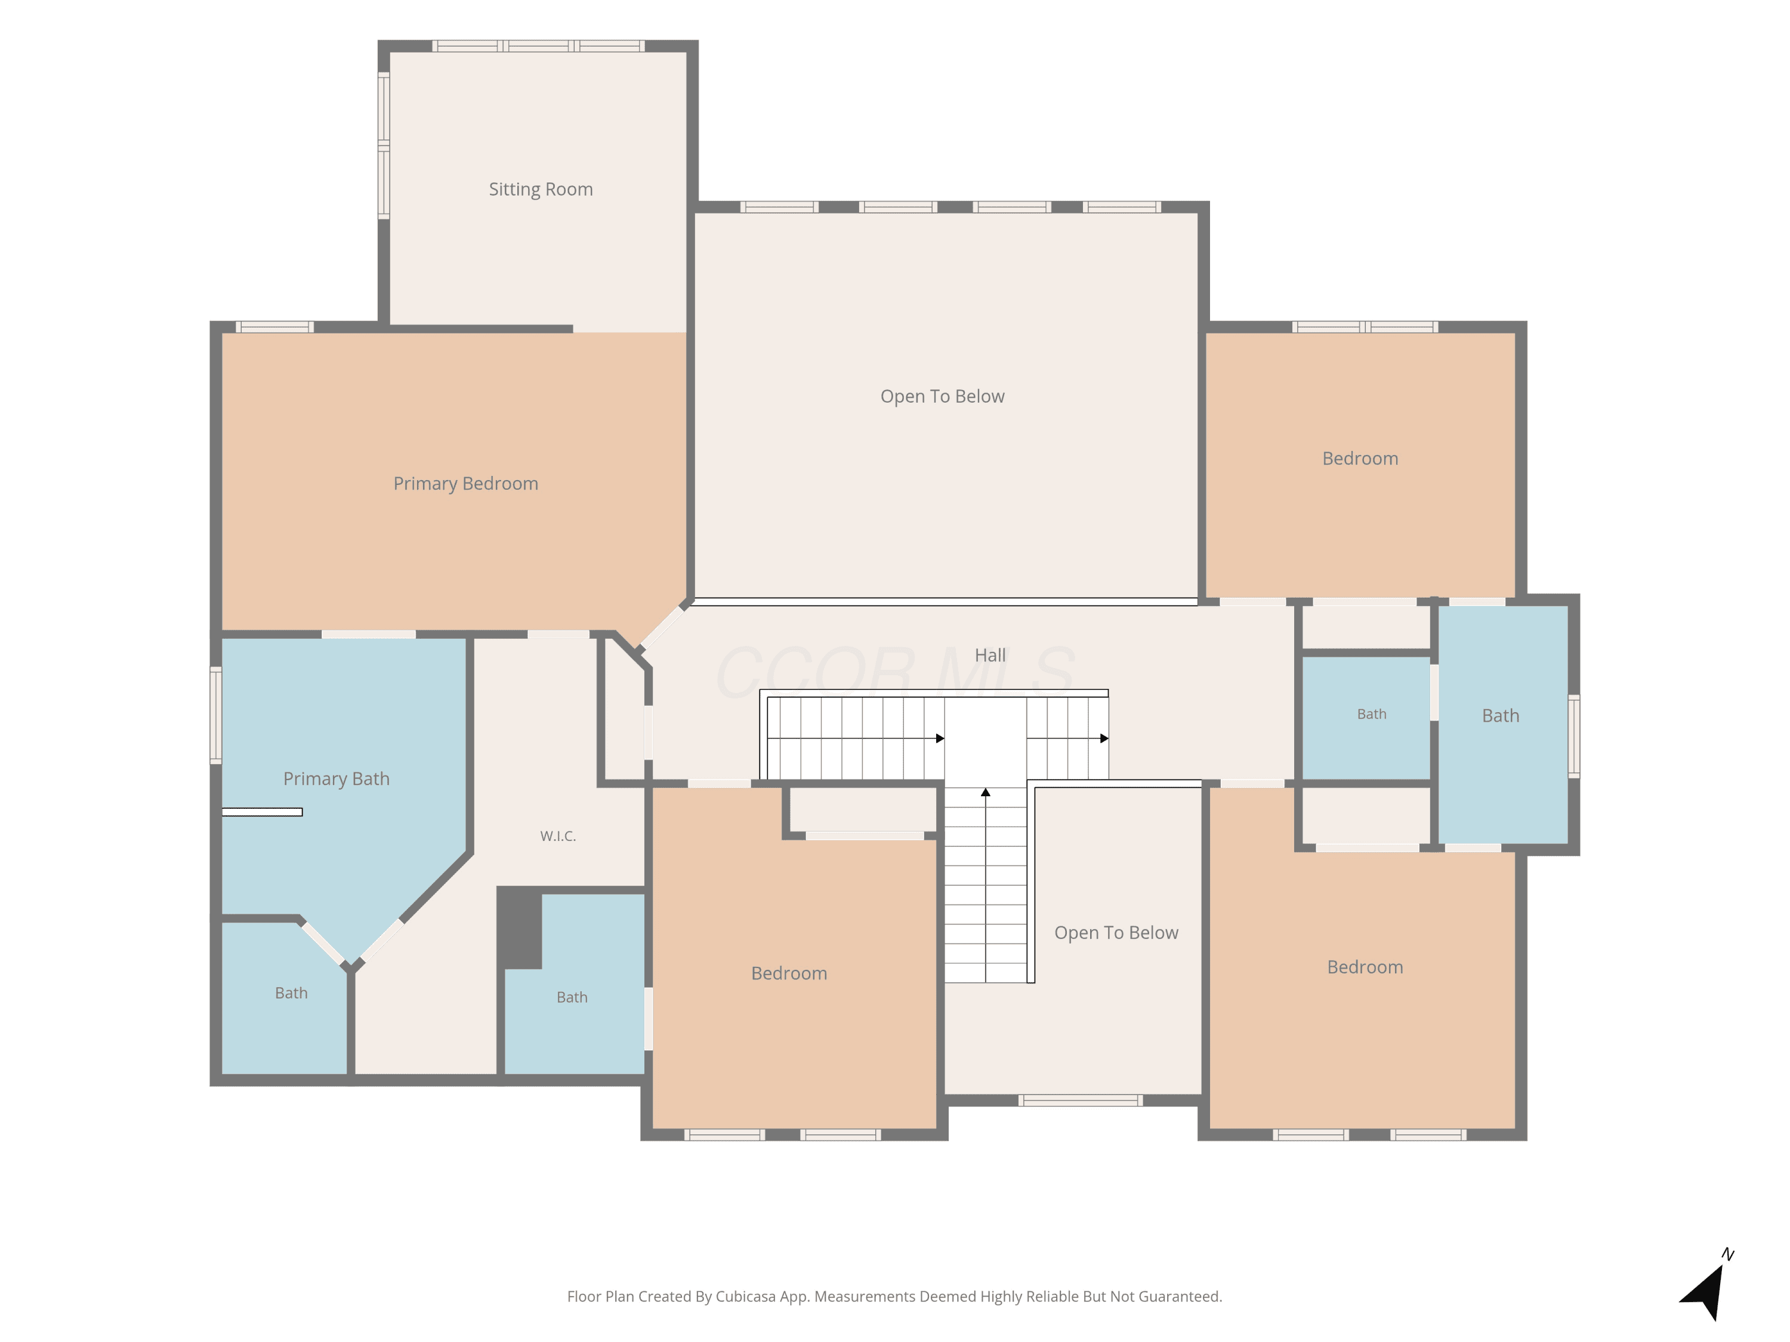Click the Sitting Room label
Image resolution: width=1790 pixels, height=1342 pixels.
pos(541,189)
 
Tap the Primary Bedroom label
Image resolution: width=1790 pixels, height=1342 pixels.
pos(465,484)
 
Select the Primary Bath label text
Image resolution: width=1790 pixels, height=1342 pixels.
pos(336,779)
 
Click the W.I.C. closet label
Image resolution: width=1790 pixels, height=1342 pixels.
pos(558,836)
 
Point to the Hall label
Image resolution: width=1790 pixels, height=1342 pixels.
pos(990,655)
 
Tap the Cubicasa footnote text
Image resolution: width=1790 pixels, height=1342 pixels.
pos(894,1297)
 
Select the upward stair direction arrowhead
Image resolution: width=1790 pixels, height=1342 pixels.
pos(986,793)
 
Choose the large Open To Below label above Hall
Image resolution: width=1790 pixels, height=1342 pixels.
pos(942,397)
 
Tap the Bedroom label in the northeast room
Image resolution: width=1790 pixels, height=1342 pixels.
pos(1360,459)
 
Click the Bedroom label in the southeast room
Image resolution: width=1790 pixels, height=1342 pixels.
pos(1365,967)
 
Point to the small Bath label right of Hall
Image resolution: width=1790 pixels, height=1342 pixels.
pos(1372,715)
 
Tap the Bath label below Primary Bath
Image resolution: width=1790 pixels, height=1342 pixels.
pos(291,993)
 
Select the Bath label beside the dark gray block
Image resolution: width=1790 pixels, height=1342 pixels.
pos(572,997)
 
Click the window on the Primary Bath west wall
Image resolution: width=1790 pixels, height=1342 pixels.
pos(216,715)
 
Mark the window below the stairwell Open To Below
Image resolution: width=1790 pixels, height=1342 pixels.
pos(1081,1100)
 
